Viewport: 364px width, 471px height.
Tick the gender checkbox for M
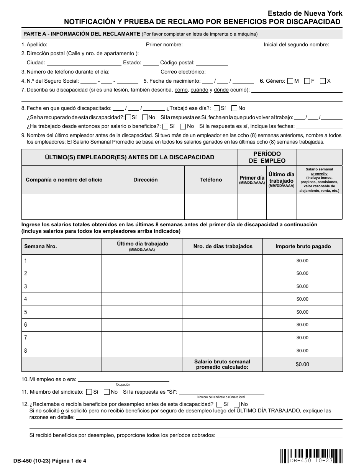pyautogui.click(x=290, y=81)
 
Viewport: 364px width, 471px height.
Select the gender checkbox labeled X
pyautogui.click(x=323, y=81)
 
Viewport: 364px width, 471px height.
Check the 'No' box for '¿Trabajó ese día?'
pyautogui.click(x=234, y=108)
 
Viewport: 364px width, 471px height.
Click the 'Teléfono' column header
pyautogui.click(x=211, y=180)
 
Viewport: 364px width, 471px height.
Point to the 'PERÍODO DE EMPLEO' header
pyautogui.click(x=267, y=157)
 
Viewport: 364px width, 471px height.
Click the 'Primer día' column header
pyautogui.click(x=252, y=180)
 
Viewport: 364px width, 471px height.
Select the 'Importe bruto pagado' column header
pyautogui.click(x=303, y=246)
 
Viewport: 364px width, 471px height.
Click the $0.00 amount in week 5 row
pyautogui.click(x=302, y=312)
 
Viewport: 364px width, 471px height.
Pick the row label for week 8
pyautogui.click(x=26, y=350)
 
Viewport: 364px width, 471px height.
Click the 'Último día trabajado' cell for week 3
pyautogui.click(x=142, y=286)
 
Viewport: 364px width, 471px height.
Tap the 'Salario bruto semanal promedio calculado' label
pyautogui.click(x=222, y=364)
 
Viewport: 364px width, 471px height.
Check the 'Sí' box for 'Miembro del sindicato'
pyautogui.click(x=89, y=392)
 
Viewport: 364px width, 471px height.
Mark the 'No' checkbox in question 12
pyautogui.click(x=237, y=404)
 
